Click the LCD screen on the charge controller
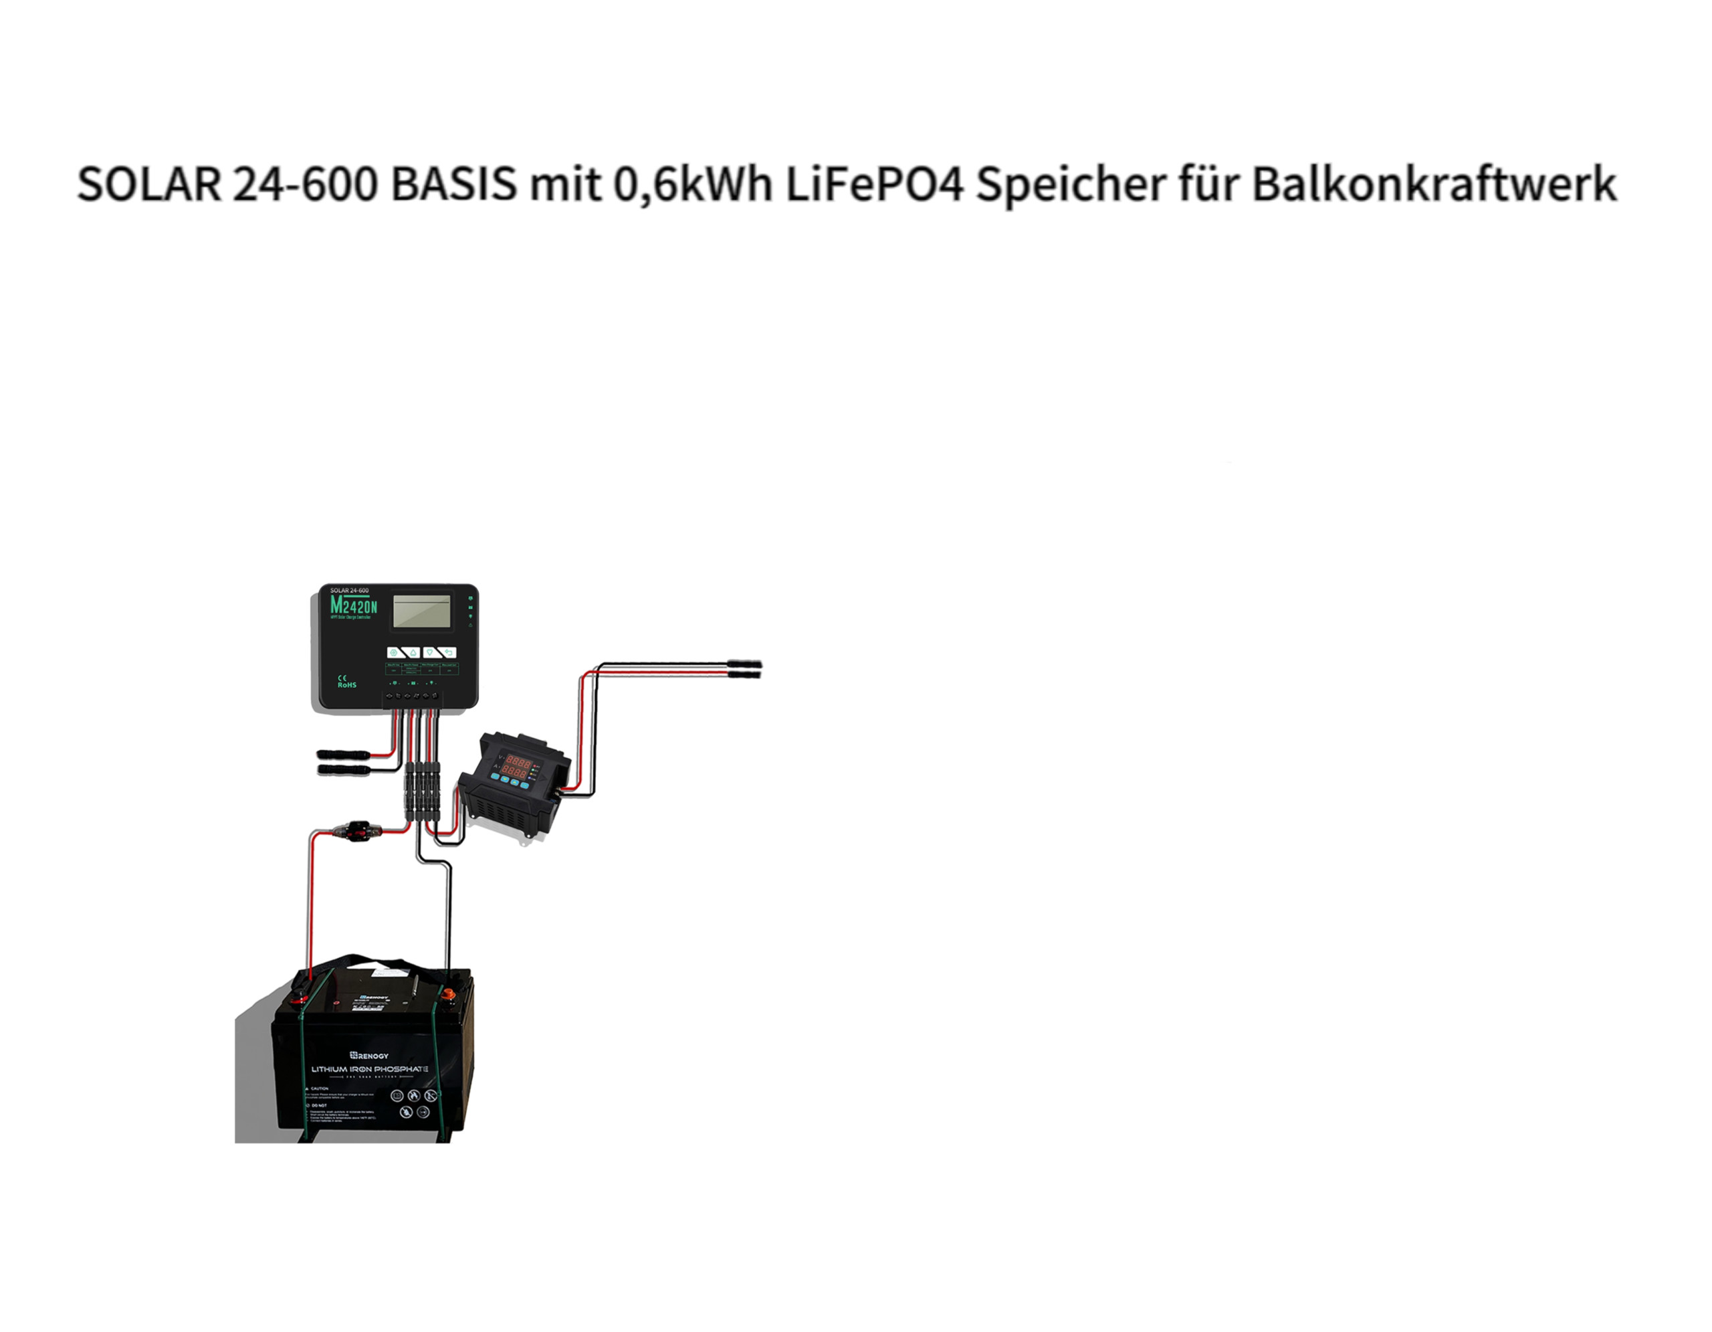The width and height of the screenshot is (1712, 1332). (422, 611)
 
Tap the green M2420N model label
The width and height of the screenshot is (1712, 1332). (354, 606)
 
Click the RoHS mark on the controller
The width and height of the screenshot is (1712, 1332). (346, 684)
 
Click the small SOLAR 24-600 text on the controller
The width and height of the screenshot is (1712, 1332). (349, 590)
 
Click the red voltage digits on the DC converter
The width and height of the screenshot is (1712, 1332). (518, 761)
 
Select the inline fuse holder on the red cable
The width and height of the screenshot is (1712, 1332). (358, 830)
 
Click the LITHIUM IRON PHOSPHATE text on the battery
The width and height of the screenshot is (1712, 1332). (369, 1068)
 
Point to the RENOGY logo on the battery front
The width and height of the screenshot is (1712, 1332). (369, 1055)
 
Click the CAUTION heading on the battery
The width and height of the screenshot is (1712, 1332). (318, 1088)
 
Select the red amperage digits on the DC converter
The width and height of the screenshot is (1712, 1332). (514, 773)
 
